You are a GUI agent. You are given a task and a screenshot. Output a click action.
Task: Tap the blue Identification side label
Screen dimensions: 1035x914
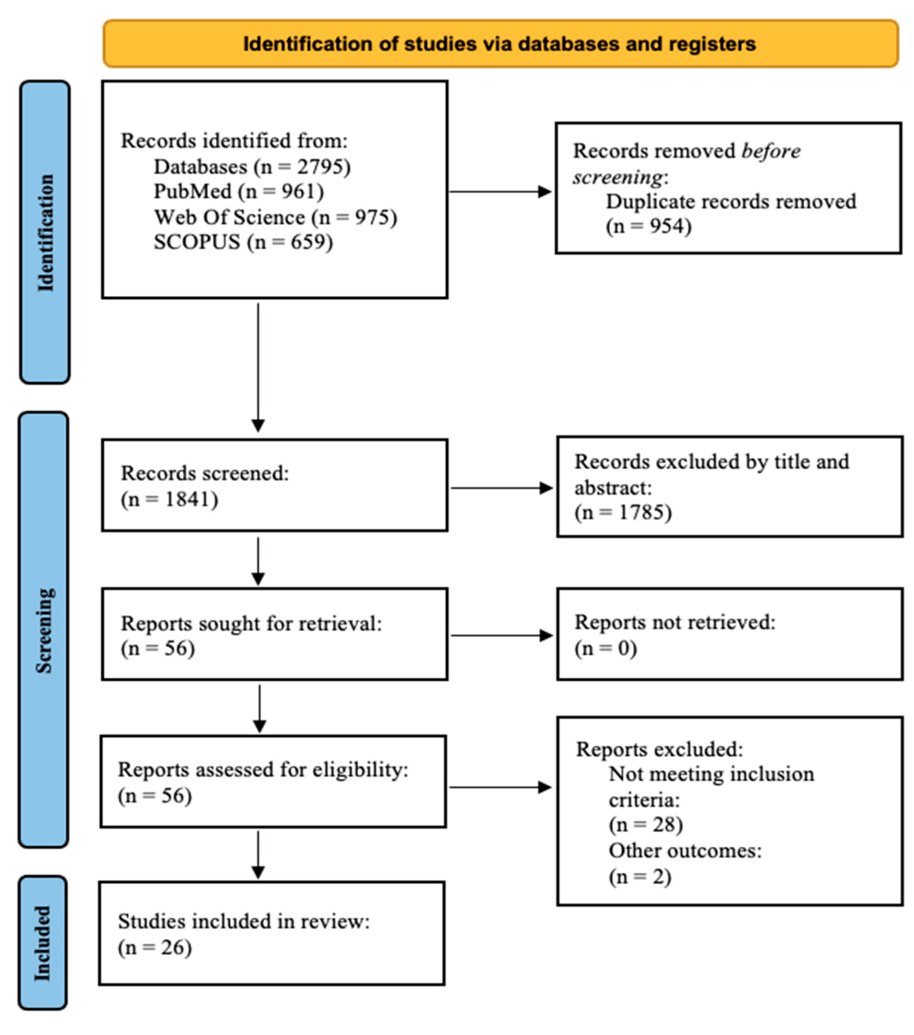pos(45,232)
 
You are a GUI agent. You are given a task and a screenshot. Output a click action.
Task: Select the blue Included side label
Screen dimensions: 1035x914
pos(43,943)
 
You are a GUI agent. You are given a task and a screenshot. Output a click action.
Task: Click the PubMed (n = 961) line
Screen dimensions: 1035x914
pos(238,191)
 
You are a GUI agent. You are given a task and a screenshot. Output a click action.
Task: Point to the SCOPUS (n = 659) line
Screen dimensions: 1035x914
pos(243,242)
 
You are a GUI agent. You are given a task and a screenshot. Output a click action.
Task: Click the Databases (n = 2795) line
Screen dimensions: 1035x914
pos(251,167)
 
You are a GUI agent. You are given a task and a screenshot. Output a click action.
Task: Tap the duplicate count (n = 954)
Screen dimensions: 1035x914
pos(648,226)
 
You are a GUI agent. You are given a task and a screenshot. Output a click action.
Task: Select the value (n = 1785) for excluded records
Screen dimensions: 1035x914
pos(623,512)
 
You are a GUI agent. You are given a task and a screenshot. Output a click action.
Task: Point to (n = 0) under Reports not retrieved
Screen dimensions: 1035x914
pos(605,648)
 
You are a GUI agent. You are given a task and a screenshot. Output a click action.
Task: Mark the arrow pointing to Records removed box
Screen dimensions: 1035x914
pos(499,192)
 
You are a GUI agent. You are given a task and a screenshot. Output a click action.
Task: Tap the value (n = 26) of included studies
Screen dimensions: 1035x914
pos(155,947)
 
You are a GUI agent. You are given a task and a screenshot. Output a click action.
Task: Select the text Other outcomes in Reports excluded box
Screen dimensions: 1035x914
pos(685,851)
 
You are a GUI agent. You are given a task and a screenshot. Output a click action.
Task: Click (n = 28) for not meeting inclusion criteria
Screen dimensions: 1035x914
pos(646,825)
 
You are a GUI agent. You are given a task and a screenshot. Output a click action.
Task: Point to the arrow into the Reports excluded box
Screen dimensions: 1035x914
pos(499,787)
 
